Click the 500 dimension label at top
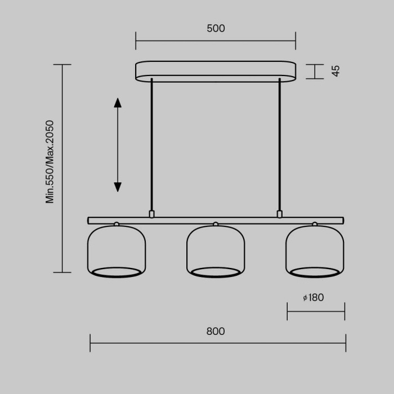216,29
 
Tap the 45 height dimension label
335,71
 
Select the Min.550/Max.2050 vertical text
50,162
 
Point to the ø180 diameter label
314,298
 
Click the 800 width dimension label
216,332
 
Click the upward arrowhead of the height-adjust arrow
118,102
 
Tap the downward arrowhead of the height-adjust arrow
118,187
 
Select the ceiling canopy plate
216,71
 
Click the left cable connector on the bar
151,214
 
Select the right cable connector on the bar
279,214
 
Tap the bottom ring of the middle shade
216,272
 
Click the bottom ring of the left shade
117,272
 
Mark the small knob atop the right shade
315,224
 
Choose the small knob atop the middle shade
216,224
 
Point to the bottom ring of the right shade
315,272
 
